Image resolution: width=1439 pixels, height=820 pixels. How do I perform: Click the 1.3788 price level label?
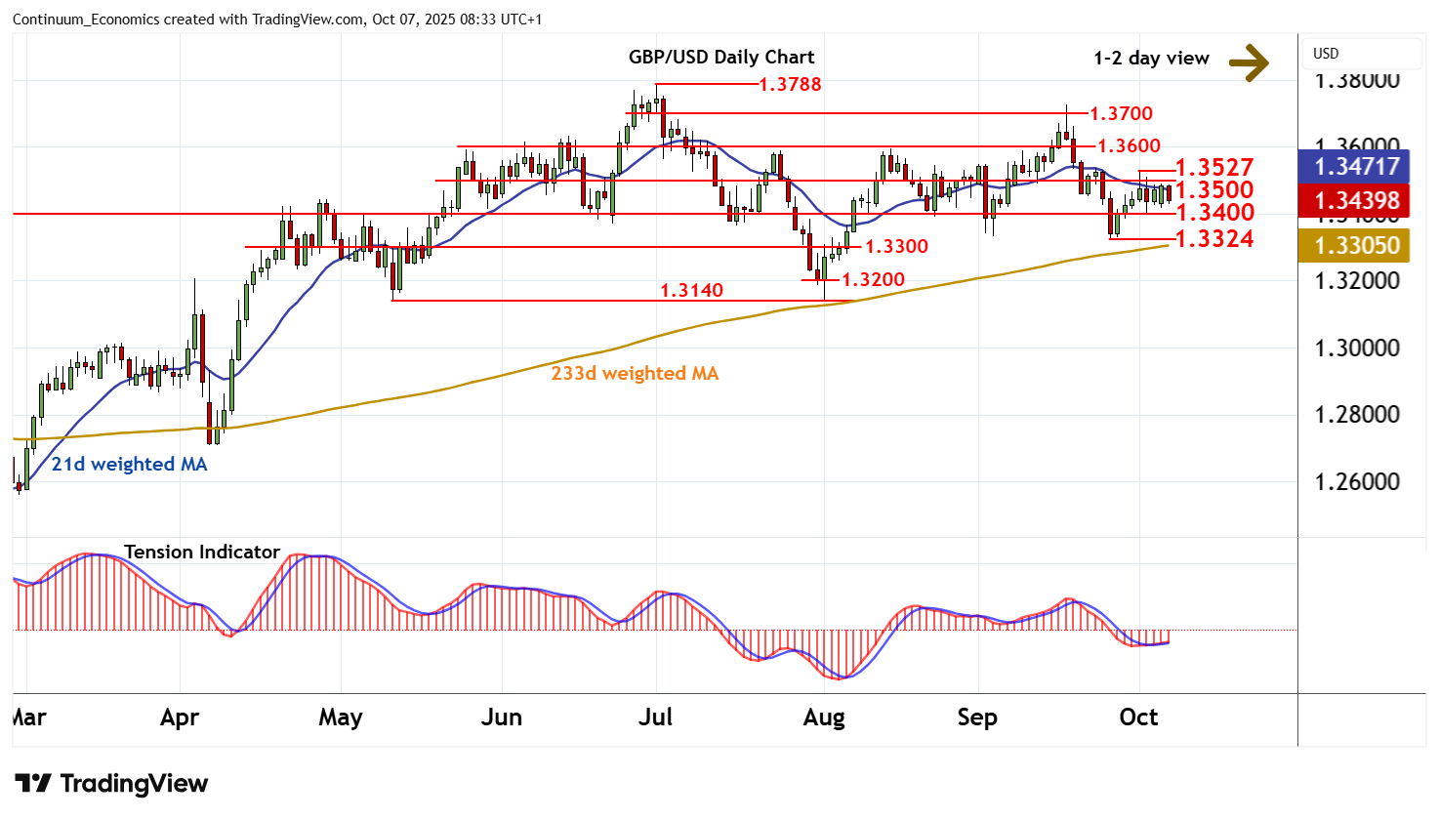(x=791, y=84)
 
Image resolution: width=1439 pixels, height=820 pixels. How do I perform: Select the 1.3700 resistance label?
(x=1122, y=114)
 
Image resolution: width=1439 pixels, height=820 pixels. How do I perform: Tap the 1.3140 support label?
(x=691, y=290)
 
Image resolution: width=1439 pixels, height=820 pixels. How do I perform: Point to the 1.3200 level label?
(x=873, y=279)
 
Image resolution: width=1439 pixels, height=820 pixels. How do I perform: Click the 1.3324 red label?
(x=1214, y=238)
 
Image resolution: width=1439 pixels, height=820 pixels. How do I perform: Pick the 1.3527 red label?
(x=1214, y=167)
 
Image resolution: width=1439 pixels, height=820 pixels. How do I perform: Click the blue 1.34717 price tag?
(x=1357, y=167)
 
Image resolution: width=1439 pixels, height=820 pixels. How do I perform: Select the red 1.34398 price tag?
(x=1357, y=201)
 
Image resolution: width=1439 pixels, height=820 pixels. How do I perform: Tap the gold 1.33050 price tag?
(x=1357, y=246)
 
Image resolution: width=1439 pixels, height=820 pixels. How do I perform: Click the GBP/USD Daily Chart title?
(x=721, y=57)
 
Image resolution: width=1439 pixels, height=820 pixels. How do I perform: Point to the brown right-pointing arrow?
(x=1249, y=62)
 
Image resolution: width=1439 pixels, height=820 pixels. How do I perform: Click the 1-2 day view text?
(x=1151, y=59)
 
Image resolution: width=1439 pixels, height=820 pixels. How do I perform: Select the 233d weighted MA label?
(x=635, y=373)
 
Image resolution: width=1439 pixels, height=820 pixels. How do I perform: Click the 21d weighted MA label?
(x=129, y=464)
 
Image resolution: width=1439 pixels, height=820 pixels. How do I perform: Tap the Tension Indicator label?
(x=202, y=552)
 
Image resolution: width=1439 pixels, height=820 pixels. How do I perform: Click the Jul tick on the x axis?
(x=655, y=717)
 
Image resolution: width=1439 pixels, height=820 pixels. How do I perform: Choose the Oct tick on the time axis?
(x=1138, y=717)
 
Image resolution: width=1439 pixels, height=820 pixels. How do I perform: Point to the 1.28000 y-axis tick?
(x=1357, y=415)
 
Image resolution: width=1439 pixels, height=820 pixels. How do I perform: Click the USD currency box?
(x=1326, y=54)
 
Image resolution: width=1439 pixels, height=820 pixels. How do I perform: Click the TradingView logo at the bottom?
(x=111, y=783)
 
